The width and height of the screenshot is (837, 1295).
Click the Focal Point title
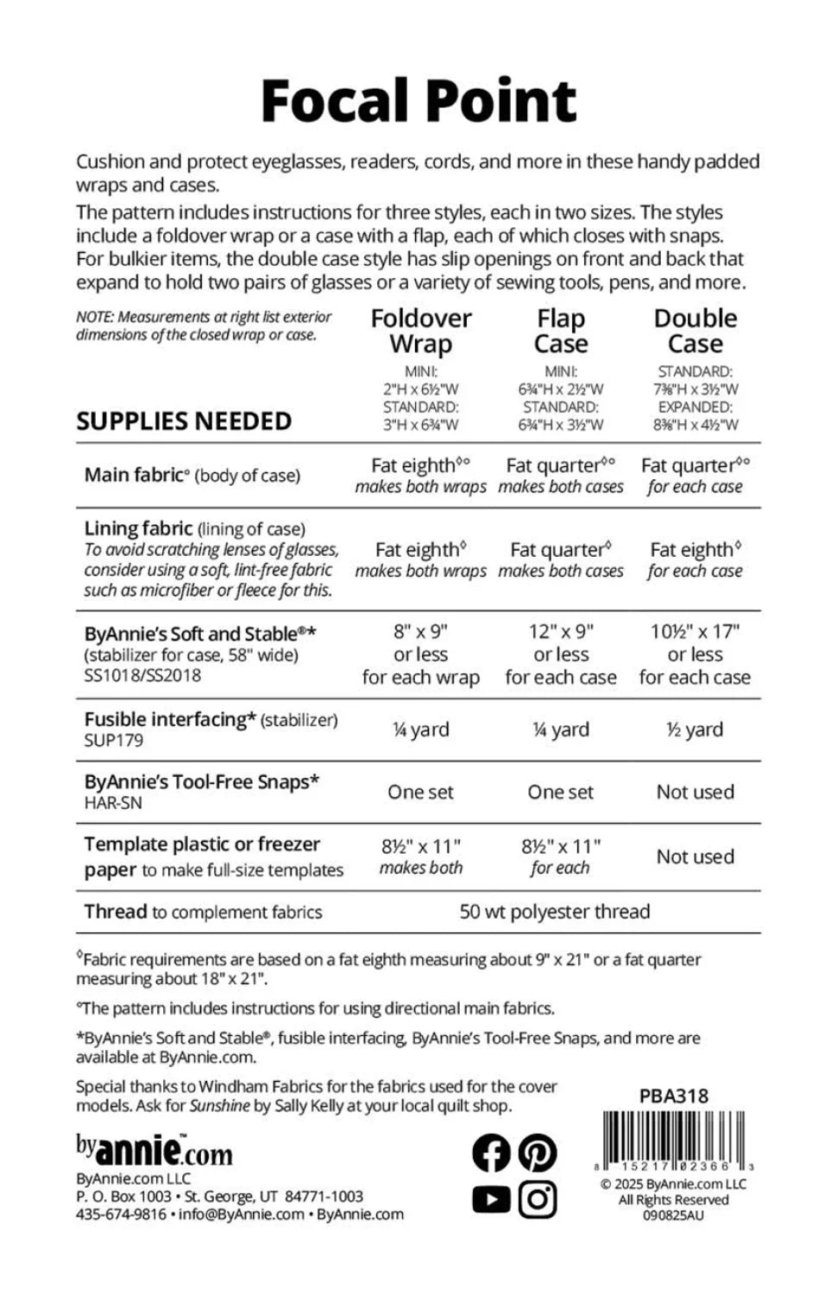(x=418, y=101)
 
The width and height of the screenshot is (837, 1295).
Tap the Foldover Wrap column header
(x=421, y=331)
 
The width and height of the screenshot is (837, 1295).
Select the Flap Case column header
(x=561, y=331)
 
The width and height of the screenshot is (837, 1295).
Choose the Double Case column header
(x=695, y=331)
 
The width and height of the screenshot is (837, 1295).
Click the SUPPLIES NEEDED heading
(x=184, y=421)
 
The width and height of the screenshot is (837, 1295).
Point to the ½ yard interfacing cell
(x=695, y=730)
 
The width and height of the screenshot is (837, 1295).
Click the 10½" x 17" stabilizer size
(x=695, y=631)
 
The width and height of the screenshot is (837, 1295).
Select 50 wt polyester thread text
(x=555, y=912)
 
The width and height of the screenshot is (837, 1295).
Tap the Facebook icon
(x=492, y=1153)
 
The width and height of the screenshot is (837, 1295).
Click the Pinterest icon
(x=538, y=1153)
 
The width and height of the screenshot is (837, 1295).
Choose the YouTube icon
(x=492, y=1199)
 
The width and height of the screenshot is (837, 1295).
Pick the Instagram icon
(x=538, y=1199)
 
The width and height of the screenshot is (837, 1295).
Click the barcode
(x=676, y=1139)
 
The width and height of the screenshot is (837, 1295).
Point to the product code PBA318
(x=674, y=1096)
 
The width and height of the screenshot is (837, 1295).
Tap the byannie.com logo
(x=154, y=1150)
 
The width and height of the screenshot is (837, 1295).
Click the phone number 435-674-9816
(x=122, y=1215)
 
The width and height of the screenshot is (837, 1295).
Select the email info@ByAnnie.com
(x=242, y=1215)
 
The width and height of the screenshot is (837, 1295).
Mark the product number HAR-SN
(x=113, y=803)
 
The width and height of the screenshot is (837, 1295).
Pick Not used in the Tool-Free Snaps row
(x=695, y=792)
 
